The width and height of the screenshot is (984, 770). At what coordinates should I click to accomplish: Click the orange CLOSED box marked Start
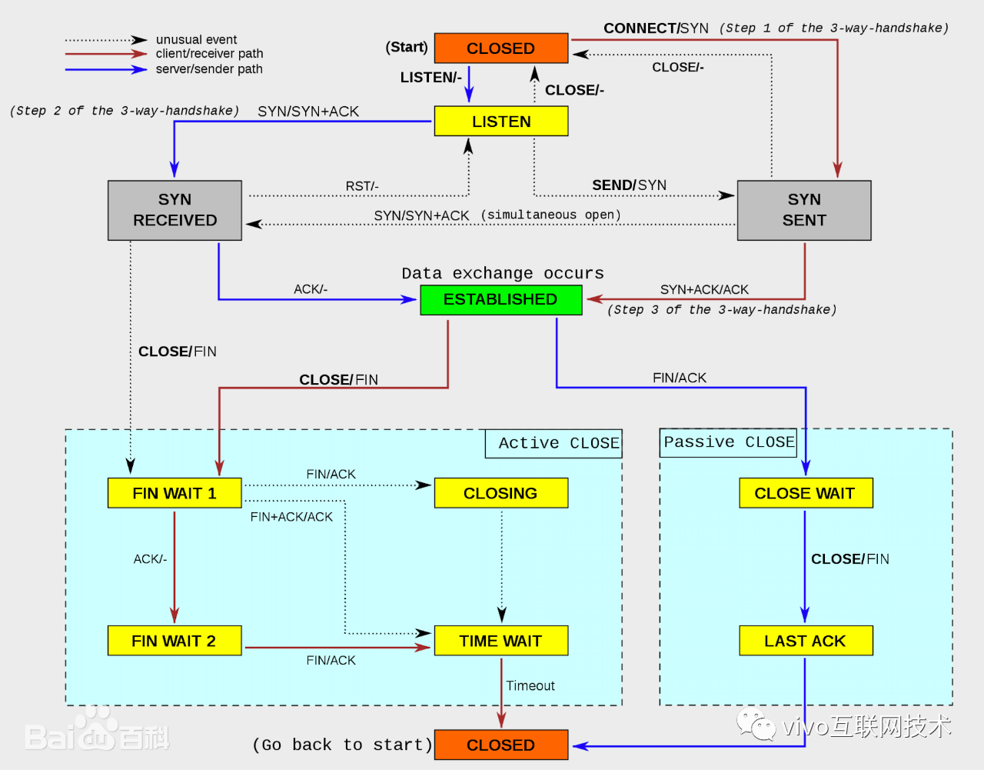(500, 48)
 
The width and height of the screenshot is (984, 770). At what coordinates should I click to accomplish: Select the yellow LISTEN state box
(500, 121)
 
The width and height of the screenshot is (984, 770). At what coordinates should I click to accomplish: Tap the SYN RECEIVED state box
(175, 210)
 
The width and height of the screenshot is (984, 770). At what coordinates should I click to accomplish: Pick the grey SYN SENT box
(804, 210)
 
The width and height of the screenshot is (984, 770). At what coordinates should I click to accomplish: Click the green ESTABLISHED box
(500, 299)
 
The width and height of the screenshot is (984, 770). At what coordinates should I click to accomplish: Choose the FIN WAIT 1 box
(175, 493)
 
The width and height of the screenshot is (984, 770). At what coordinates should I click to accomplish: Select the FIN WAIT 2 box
(175, 641)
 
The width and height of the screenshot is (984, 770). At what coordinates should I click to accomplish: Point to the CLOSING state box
(500, 493)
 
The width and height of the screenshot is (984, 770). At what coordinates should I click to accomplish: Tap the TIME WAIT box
(500, 641)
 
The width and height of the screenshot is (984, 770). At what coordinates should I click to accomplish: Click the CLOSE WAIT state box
(806, 493)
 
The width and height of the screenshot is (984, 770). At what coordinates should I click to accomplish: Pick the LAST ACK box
(806, 641)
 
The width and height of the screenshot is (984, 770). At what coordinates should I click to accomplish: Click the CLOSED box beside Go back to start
(500, 745)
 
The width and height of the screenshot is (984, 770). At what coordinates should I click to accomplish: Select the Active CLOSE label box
(553, 443)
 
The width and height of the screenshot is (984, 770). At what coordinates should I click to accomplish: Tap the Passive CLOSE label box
(728, 442)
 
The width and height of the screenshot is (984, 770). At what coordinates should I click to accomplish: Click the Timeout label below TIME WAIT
(530, 685)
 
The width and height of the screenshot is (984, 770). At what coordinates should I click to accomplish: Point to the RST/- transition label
(362, 186)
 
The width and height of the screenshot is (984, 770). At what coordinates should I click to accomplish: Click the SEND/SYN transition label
(629, 185)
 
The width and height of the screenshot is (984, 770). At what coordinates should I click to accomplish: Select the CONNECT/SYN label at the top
(656, 28)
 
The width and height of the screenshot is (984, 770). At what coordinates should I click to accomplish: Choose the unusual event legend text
(196, 39)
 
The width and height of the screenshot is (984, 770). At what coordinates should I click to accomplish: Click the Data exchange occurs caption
(503, 273)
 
